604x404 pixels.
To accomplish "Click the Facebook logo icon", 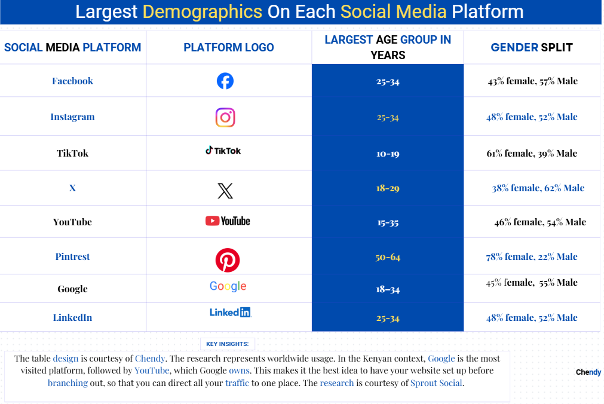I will [225, 81].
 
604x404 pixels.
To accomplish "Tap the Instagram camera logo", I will [225, 117].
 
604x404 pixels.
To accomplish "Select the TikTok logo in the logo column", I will [223, 151].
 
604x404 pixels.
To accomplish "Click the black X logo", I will [225, 191].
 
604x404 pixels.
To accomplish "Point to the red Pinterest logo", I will [228, 261].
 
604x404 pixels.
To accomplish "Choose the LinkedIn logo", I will [230, 312].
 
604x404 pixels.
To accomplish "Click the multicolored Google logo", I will [228, 286].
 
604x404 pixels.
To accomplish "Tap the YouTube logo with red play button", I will [228, 221].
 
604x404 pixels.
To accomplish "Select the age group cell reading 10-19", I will [388, 154].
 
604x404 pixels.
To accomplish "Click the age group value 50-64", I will [388, 257].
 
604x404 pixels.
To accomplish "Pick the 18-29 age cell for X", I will [388, 188].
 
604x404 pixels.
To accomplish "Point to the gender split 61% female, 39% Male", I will [532, 154].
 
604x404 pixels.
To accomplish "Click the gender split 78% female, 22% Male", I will [532, 257].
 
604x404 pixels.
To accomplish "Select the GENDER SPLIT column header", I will [532, 47].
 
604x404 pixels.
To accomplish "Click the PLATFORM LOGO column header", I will [229, 47].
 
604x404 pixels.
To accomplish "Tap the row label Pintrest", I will [72, 257].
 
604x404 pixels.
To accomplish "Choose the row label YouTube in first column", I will [72, 222].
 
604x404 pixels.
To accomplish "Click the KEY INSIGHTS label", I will [227, 344].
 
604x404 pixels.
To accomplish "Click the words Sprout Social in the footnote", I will [437, 383].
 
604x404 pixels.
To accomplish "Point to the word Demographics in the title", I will [203, 11].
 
